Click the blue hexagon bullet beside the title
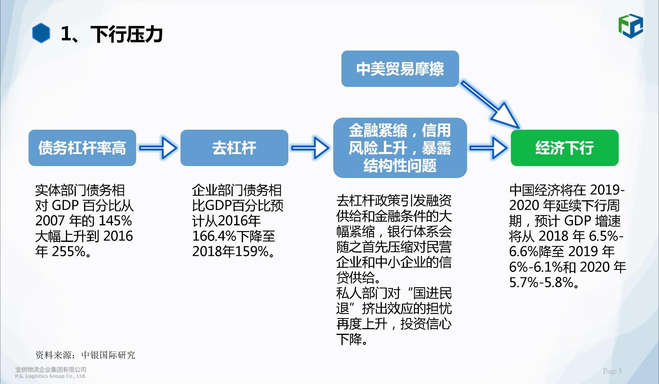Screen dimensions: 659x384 [x=41, y=33]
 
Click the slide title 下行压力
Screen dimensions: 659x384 [x=126, y=34]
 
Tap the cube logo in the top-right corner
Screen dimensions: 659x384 [x=631, y=26]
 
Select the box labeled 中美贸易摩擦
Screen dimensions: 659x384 [x=400, y=68]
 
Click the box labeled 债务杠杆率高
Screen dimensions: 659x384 [x=82, y=148]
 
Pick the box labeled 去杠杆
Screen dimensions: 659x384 [x=234, y=148]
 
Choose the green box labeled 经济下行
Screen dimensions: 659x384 [x=565, y=148]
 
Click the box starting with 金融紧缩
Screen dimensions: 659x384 [x=400, y=148]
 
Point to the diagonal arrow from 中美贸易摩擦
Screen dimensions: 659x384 [x=490, y=105]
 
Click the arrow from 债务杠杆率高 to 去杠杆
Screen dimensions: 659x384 [x=158, y=148]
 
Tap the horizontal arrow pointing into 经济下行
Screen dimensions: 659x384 [x=488, y=148]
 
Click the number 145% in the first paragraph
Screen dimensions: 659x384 [x=115, y=221]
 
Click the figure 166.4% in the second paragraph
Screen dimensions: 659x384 [x=214, y=236]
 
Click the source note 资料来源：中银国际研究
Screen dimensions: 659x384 [x=85, y=355]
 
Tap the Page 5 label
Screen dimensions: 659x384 [x=612, y=371]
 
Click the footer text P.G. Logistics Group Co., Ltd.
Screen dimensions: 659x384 [x=51, y=376]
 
